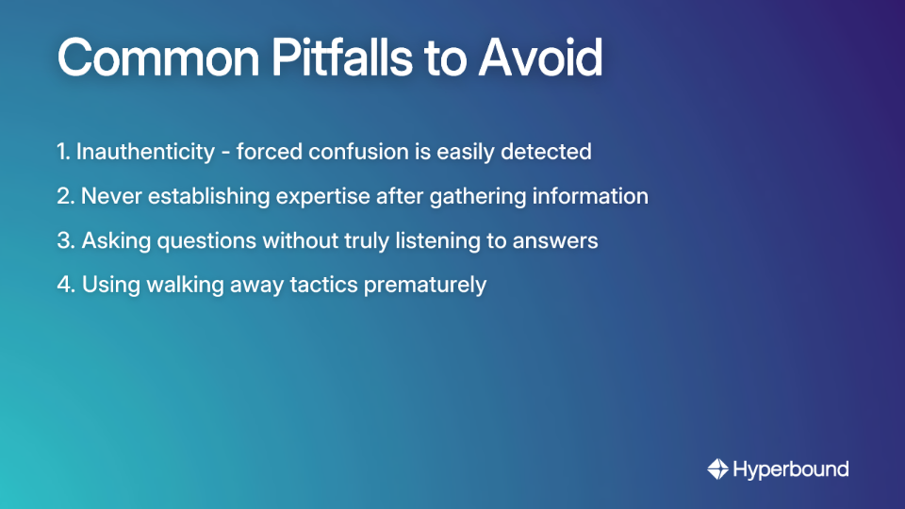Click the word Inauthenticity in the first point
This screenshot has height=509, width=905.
click(x=145, y=151)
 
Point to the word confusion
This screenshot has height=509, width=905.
click(x=353, y=151)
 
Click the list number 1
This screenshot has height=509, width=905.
click(x=62, y=151)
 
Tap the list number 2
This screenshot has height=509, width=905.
click(x=64, y=196)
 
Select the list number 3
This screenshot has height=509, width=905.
click(x=64, y=240)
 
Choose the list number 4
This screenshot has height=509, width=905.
click(x=65, y=285)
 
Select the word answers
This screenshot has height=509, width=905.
click(x=555, y=240)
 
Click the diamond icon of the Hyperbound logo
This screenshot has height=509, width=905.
click(x=718, y=468)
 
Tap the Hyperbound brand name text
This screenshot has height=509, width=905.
click(x=791, y=468)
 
